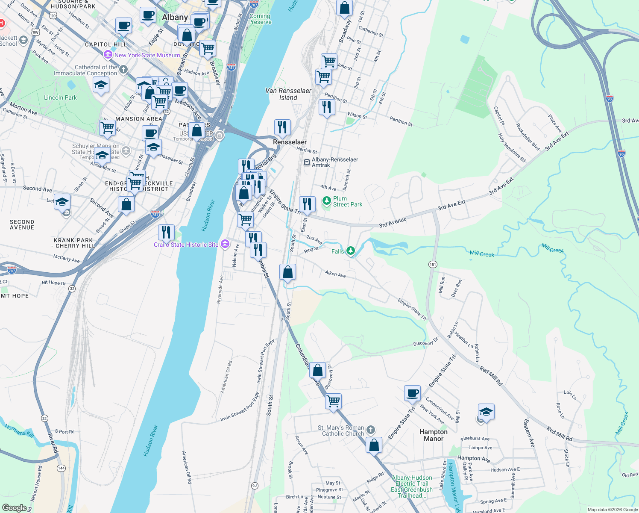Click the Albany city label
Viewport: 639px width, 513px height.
[x=175, y=18]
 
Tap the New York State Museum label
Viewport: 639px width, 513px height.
[x=147, y=55]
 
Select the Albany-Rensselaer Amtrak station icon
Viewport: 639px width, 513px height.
[x=306, y=162]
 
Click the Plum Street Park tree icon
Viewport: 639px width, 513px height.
[x=327, y=201]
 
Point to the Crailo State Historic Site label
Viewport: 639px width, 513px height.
[x=186, y=245]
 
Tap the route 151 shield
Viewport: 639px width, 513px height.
[x=433, y=264]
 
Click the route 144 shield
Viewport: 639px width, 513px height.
[x=62, y=468]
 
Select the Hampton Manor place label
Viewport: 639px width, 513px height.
[x=434, y=435]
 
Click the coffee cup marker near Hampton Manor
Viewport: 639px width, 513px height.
[x=413, y=393]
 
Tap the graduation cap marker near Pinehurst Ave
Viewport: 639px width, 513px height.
[x=486, y=411]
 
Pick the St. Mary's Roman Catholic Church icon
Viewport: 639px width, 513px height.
[x=371, y=430]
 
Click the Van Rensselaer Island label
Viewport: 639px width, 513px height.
[x=288, y=94]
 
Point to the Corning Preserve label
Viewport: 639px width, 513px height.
[x=260, y=19]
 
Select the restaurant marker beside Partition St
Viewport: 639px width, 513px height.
[x=327, y=107]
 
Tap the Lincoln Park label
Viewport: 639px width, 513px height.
[x=60, y=97]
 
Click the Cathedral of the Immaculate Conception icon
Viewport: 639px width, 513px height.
[x=123, y=69]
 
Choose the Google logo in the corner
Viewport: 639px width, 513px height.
[x=14, y=507]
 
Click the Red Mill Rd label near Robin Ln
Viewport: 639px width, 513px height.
[x=490, y=376]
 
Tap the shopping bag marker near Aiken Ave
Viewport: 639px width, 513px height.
[x=287, y=272]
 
